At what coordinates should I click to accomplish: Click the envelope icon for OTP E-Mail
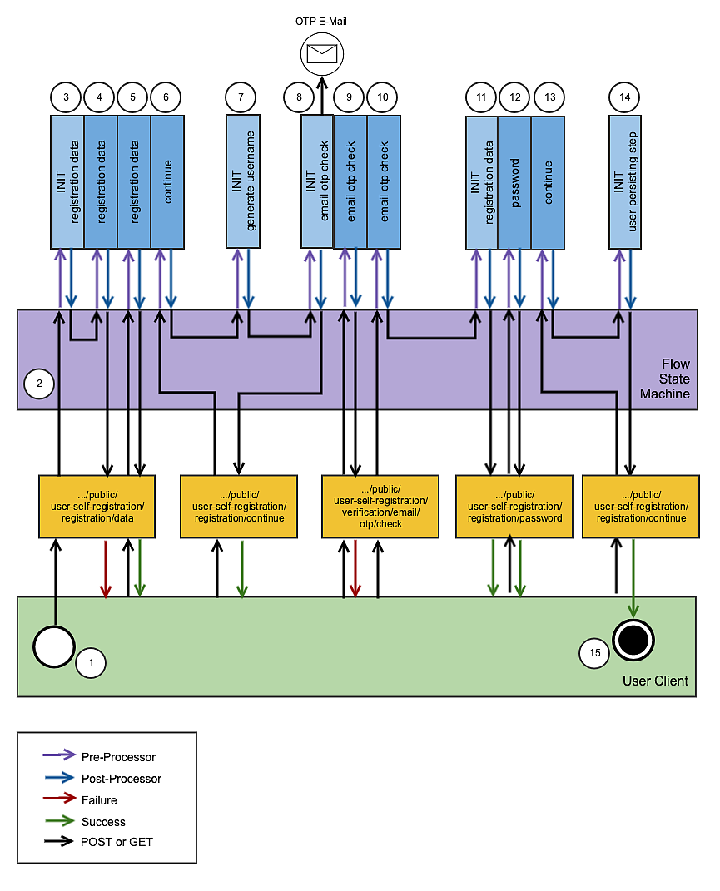[321, 54]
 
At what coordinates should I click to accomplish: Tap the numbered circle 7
[241, 97]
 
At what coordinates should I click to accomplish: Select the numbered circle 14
[625, 97]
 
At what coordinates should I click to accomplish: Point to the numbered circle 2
[39, 384]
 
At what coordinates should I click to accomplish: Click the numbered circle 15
[594, 653]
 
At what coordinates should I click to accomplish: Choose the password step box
[514, 181]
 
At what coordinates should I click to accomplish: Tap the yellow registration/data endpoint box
[97, 506]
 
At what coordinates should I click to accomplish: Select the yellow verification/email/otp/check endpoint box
[380, 506]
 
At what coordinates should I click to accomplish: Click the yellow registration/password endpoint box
[514, 506]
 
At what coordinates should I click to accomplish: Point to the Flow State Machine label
[664, 379]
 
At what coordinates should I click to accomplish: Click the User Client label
[655, 681]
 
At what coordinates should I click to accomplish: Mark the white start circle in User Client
[54, 646]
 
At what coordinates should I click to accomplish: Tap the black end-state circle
[633, 640]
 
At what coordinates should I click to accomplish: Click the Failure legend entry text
[99, 800]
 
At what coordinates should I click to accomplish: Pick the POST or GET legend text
[117, 842]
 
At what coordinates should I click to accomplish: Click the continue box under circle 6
[167, 181]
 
